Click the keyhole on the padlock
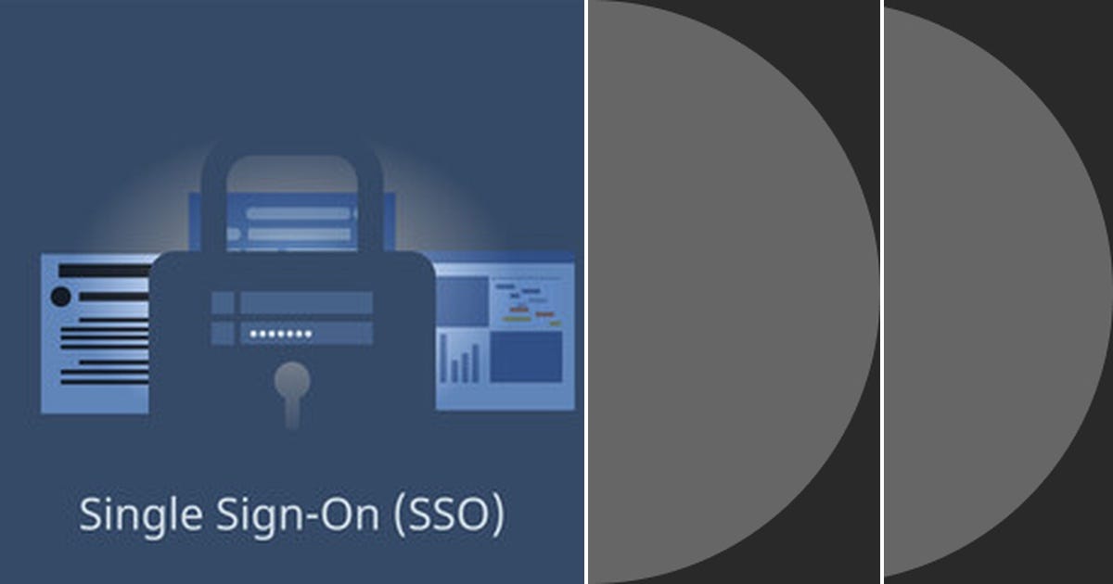coord(293,385)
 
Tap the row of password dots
coord(281,334)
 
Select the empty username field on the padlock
coord(306,302)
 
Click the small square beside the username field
coord(223,302)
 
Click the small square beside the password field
coord(223,333)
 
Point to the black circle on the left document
coord(61,297)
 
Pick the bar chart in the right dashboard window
coord(462,360)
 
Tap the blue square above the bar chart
coord(462,301)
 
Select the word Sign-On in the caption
coord(286,514)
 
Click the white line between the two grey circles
coord(881,292)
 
